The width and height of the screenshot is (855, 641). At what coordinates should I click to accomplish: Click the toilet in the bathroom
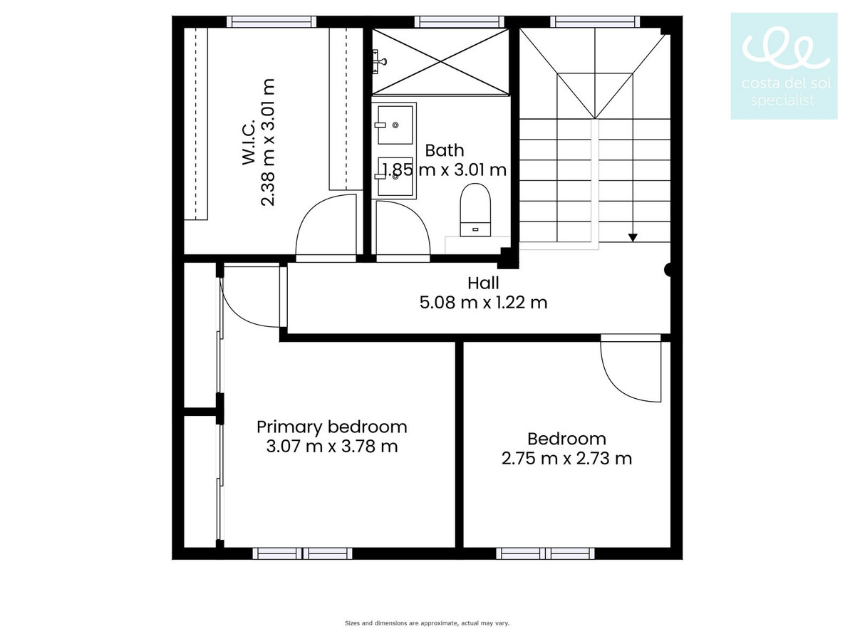point(475,210)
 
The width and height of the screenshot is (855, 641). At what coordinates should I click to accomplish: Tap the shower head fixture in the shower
point(378,61)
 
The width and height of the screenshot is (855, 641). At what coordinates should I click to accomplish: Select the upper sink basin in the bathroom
point(395,125)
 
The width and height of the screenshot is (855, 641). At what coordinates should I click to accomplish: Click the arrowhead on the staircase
point(633,237)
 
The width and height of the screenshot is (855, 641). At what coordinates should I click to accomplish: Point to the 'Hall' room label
point(483,283)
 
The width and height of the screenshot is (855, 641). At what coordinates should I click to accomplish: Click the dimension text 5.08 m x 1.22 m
point(483,303)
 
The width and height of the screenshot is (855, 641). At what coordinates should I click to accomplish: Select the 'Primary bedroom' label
point(332,427)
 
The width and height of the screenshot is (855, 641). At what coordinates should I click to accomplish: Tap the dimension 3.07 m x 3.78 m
point(332,447)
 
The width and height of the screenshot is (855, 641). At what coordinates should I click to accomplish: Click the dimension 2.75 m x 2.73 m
point(566,459)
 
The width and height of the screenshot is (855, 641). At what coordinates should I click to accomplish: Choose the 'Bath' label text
point(445,150)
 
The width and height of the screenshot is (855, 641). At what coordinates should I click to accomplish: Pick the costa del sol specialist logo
point(784,66)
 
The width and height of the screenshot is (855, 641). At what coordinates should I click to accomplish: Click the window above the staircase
point(595,22)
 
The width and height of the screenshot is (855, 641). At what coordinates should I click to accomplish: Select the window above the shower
point(460,22)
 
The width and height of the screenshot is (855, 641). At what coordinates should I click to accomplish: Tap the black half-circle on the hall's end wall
point(668,270)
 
